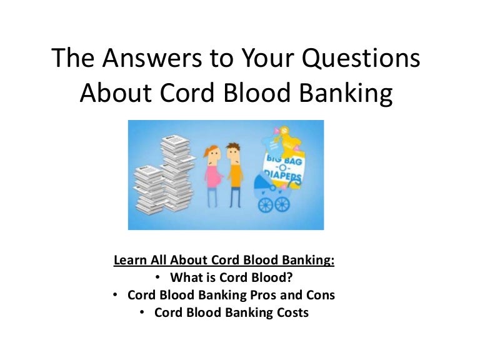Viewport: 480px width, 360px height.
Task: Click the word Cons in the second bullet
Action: pos(319,295)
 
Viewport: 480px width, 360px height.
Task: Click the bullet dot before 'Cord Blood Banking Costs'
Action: pos(142,312)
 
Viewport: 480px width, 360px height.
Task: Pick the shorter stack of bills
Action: pos(146,187)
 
